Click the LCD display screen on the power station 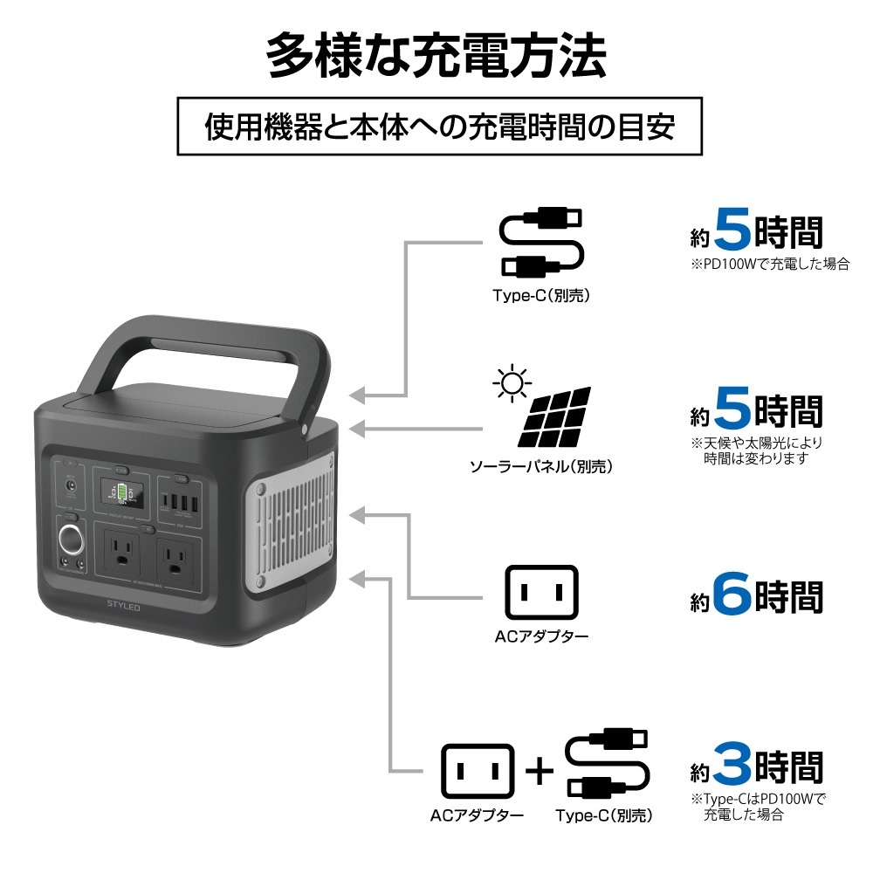click(x=122, y=493)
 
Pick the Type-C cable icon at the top click(x=539, y=242)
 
